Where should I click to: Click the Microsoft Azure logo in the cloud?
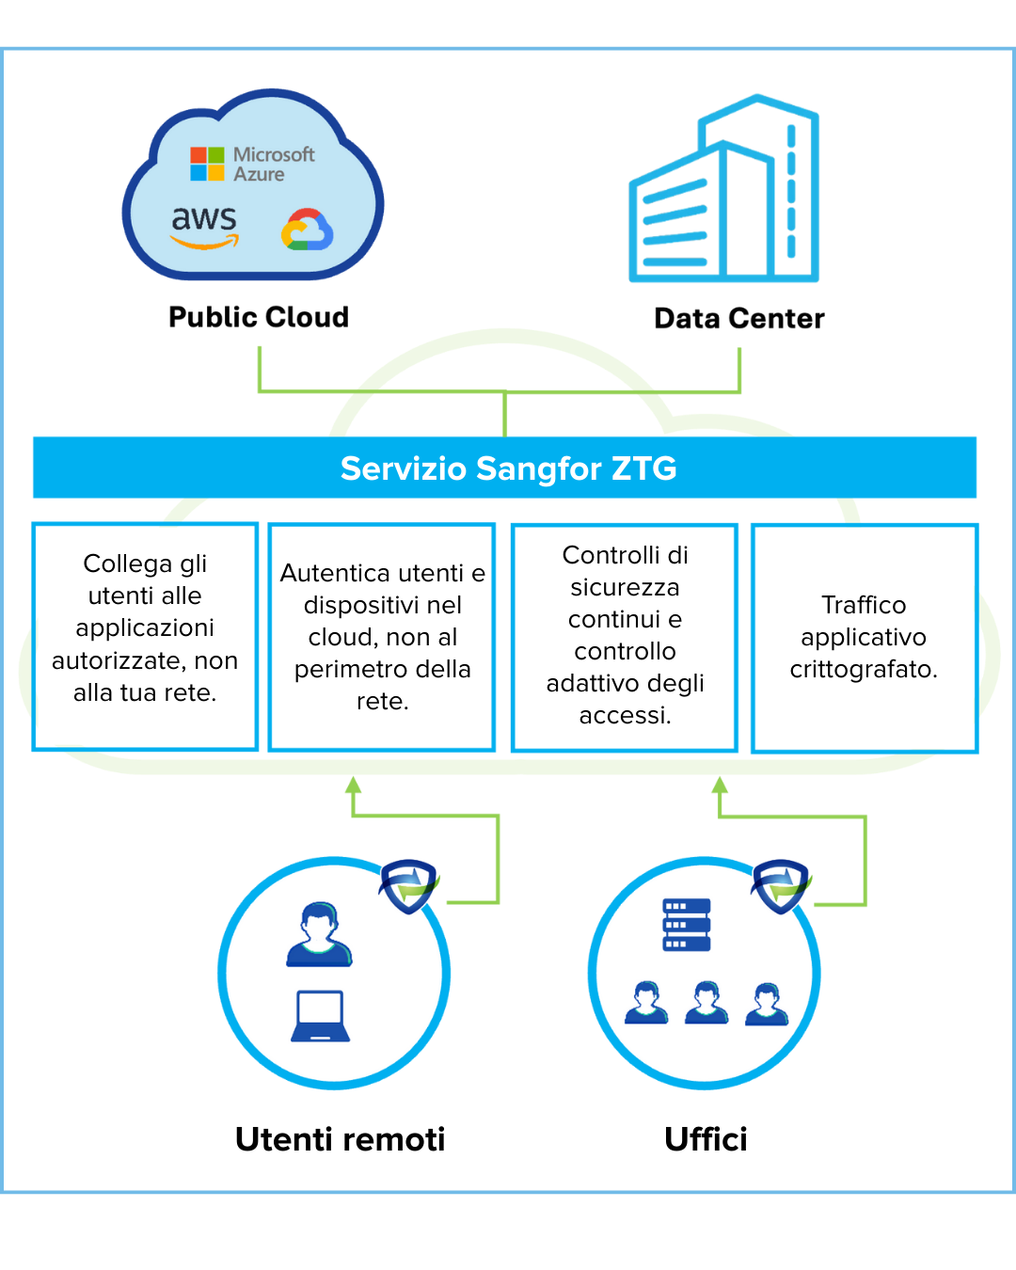pos(252,164)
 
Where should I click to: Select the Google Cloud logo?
pos(308,230)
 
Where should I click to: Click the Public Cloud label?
pos(259,317)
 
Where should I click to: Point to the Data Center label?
pos(739,319)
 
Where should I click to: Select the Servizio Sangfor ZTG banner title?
pos(508,468)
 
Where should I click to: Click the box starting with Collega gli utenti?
pos(145,637)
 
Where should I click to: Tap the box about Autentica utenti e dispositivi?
pos(382,637)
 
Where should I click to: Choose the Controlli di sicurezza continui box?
pos(625,637)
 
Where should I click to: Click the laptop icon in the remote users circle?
pos(321,1016)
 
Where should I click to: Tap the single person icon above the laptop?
pos(320,935)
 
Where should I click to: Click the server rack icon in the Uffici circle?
pos(687,925)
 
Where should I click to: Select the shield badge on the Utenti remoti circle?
pos(409,884)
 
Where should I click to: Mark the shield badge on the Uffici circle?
pos(781,884)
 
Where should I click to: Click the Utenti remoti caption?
pos(340,1139)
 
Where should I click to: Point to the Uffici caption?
pos(706,1139)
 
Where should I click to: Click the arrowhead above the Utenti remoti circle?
pos(354,786)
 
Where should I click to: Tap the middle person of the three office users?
pos(706,1003)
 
